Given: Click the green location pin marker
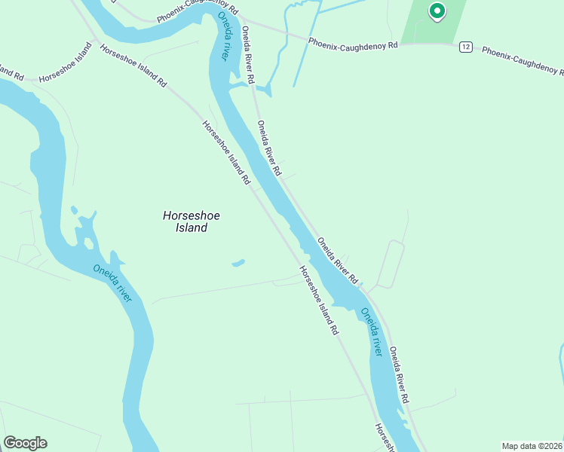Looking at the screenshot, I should [436, 11].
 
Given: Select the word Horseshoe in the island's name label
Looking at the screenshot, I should [192, 215].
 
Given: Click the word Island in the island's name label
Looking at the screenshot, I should [192, 228].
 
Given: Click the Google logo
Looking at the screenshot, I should [25, 443].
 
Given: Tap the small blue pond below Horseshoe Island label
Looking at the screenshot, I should [238, 263].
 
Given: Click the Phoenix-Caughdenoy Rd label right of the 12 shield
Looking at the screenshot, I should [522, 61].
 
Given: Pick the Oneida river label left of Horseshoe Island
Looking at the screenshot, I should [112, 282].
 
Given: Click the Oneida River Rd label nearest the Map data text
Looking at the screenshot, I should [399, 374].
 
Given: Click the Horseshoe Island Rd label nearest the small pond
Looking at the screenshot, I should [317, 301].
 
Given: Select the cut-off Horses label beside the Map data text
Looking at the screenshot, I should [385, 437].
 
